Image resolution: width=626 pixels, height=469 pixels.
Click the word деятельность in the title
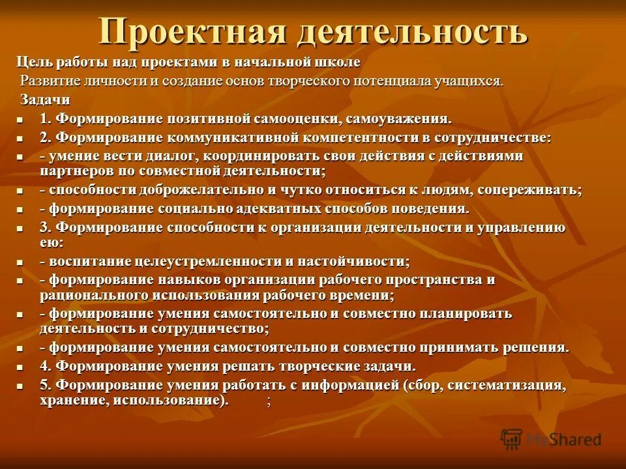coord(412,31)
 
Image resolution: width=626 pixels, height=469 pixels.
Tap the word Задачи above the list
coord(45,100)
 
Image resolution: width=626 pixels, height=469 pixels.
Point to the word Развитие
coord(50,81)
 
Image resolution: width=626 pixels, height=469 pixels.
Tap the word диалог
coord(171,156)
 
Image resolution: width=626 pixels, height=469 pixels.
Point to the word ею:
coord(52,242)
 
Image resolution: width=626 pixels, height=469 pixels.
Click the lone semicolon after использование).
coord(268,401)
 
